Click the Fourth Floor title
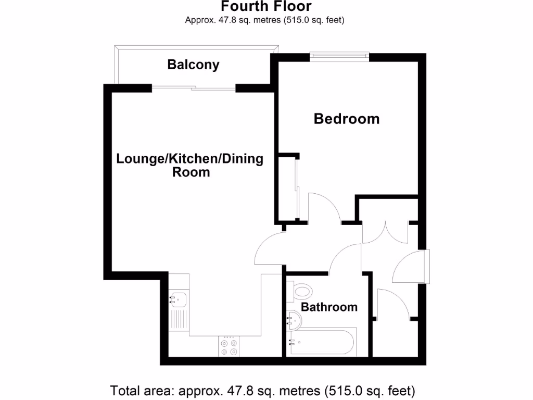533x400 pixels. pos(266,7)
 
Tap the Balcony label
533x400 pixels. pos(193,65)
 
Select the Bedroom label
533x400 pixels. pos(346,119)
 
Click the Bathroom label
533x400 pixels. pos(329,307)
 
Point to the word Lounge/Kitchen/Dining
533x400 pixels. pos(189,159)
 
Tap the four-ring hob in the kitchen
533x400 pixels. pos(229,347)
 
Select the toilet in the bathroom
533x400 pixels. pos(302,290)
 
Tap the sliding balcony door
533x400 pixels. pos(194,89)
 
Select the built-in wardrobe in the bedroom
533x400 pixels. pos(287,187)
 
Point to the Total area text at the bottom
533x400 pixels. pos(262,390)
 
